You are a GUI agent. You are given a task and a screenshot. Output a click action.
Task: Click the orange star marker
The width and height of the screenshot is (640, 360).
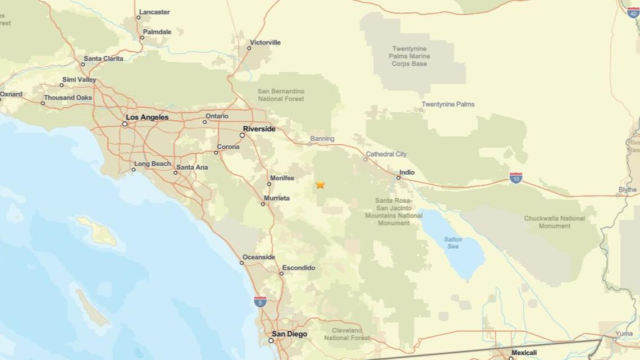coord(320,184)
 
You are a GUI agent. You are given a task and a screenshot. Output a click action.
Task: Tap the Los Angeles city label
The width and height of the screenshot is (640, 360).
coord(147,117)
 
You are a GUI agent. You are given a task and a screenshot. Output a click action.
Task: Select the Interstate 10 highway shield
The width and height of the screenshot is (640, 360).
coord(516,178)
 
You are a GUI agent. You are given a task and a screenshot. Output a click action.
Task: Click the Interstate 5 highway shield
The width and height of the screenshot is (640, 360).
coord(260,302)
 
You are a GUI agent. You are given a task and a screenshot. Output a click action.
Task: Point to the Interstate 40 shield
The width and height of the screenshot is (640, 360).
coord(633,12)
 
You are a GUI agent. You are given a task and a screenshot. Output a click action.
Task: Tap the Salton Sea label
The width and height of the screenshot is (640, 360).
coord(453,243)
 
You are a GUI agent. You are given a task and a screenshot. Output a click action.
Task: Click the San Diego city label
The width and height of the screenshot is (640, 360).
coord(290,334)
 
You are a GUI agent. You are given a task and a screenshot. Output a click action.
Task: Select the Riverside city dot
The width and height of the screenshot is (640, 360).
coord(243,135)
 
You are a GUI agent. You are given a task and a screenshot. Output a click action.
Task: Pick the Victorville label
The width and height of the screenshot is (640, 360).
coord(266,43)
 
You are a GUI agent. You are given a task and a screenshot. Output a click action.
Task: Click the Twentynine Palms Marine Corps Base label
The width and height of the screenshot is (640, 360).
coord(410,56)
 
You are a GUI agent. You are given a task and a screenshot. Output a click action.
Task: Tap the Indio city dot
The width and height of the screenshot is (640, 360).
coord(399,177)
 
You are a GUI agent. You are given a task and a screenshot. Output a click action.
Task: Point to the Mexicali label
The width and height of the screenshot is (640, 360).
coord(524,353)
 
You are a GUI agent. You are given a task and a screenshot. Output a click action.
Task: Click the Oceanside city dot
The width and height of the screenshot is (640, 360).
coord(242,263)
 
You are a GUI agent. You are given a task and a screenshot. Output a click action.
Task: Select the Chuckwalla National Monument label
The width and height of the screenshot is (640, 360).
coord(554,222)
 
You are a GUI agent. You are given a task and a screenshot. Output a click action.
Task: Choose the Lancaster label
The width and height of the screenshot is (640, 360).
coord(154,12)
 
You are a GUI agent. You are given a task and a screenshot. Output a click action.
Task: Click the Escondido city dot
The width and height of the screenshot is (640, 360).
coord(282,274)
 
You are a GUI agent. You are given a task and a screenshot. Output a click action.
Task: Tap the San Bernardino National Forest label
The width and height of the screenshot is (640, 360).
coord(281,95)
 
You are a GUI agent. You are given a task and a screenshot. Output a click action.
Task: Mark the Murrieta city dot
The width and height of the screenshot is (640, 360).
coord(263,204)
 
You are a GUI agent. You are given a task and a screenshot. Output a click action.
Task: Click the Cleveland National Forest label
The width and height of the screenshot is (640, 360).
coord(347,334)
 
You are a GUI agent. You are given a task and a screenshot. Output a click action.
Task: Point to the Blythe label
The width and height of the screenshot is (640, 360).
coord(628,190)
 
